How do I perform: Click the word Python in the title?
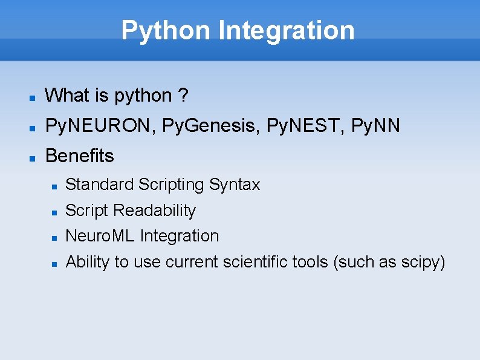166,30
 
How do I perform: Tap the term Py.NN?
375,126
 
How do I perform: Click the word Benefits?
79,156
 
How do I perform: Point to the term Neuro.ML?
100,236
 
